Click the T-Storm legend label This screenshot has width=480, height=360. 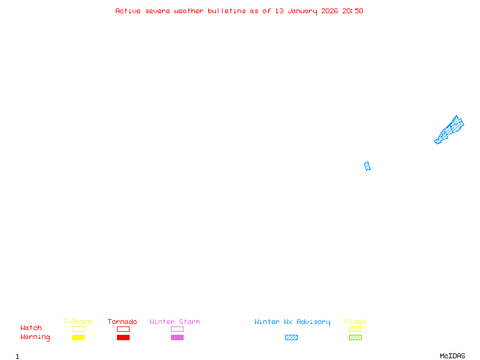(x=77, y=322)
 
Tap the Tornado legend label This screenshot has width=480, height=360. (x=122, y=322)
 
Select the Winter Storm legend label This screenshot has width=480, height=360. (x=175, y=322)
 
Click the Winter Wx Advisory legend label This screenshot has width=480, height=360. (x=292, y=322)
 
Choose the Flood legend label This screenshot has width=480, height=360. (x=355, y=322)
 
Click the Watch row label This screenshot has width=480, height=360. (x=31, y=328)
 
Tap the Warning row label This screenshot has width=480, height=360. (x=35, y=337)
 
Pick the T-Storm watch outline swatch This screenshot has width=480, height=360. (x=78, y=329)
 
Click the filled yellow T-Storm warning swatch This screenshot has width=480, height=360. (x=78, y=337)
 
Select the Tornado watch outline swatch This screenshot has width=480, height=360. (x=123, y=329)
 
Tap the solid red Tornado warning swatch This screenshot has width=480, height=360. (x=123, y=337)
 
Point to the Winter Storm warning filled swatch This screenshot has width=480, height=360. (x=177, y=337)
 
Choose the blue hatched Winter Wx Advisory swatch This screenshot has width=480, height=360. (x=291, y=337)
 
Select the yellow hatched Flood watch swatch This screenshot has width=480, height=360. (x=355, y=329)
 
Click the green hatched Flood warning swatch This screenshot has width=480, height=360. (x=355, y=337)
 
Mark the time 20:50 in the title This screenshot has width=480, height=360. (x=353, y=11)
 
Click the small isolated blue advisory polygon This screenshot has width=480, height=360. (x=367, y=166)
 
